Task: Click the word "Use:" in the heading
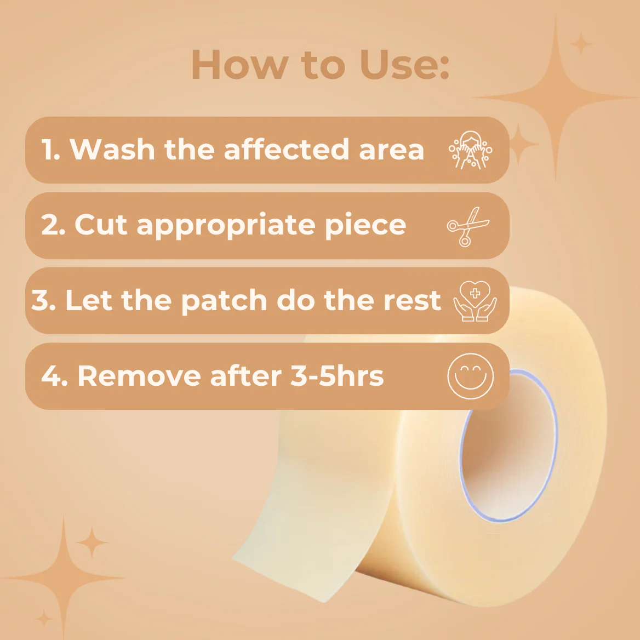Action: pyautogui.click(x=404, y=65)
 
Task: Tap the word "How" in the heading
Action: pyautogui.click(x=240, y=65)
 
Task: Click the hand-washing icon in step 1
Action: pyautogui.click(x=470, y=150)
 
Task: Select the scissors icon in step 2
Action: pyautogui.click(x=468, y=226)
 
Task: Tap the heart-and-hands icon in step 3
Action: pyautogui.click(x=475, y=301)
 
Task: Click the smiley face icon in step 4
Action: pyautogui.click(x=470, y=376)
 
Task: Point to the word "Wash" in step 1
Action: pyautogui.click(x=112, y=150)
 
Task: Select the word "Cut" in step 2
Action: pyautogui.click(x=101, y=225)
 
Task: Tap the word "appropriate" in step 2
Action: pyautogui.click(x=226, y=226)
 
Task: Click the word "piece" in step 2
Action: pyautogui.click(x=365, y=226)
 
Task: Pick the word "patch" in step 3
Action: pyautogui.click(x=224, y=301)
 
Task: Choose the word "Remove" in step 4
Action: pyautogui.click(x=139, y=376)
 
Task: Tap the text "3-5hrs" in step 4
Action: pyautogui.click(x=337, y=376)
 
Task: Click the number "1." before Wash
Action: pyautogui.click(x=51, y=150)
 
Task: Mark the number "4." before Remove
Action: pyautogui.click(x=54, y=376)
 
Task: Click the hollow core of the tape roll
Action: pyautogui.click(x=508, y=445)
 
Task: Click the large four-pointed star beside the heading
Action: pyautogui.click(x=556, y=98)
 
